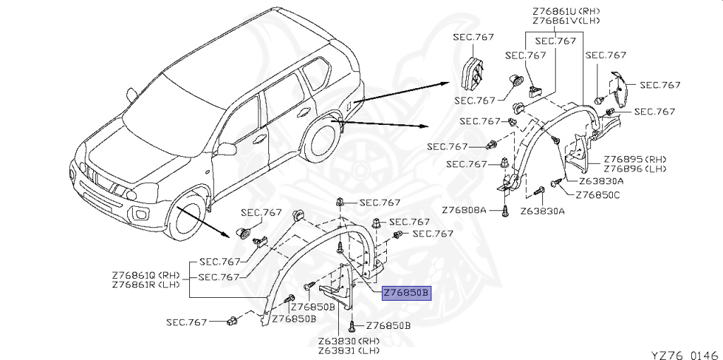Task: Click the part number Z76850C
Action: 597,195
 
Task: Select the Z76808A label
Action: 465,210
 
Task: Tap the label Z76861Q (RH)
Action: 146,275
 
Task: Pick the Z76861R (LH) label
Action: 146,284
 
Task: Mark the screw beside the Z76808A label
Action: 506,210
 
